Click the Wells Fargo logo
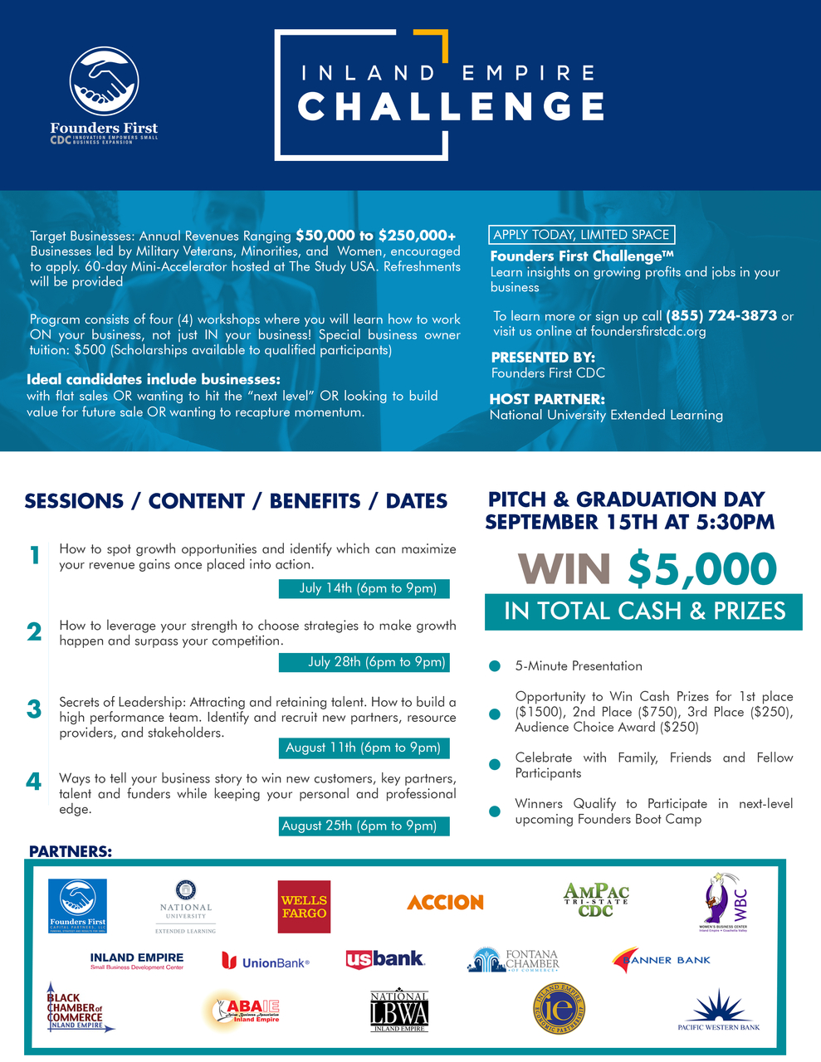(304, 906)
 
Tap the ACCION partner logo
(445, 902)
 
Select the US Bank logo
(385, 959)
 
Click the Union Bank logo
(266, 962)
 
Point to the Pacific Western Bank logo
(718, 1009)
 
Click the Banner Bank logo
(661, 960)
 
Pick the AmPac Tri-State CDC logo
(596, 900)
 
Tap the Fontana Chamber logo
(513, 960)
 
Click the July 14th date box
(364, 588)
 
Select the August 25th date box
(364, 826)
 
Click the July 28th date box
(364, 661)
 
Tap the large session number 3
(34, 709)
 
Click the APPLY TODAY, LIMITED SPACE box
(581, 235)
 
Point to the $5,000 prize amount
(702, 570)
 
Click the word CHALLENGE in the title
(451, 107)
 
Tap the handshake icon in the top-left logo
(104, 80)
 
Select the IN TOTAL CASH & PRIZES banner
(644, 611)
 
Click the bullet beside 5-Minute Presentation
(495, 666)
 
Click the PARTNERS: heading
(71, 851)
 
